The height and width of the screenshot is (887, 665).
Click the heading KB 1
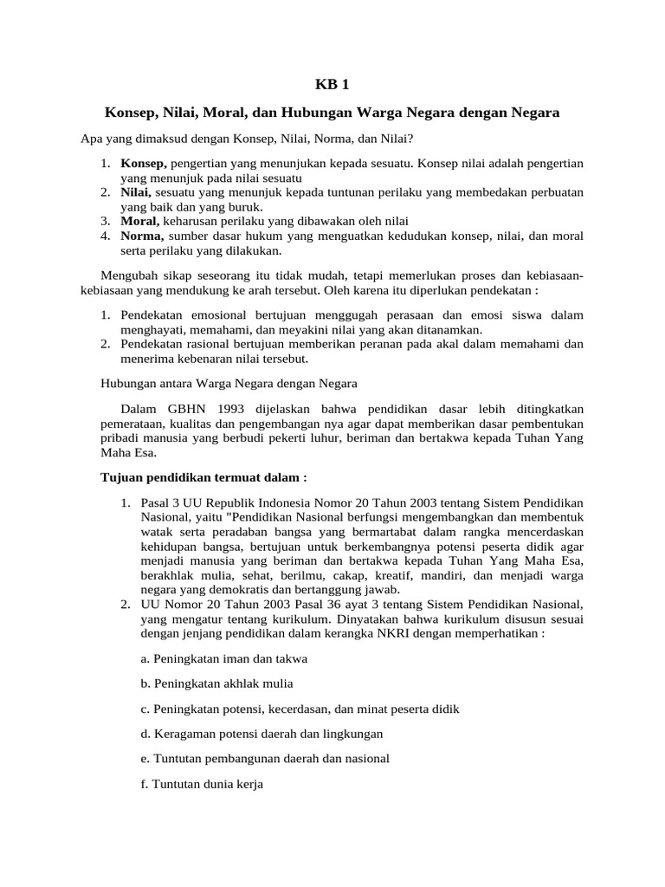click(x=332, y=85)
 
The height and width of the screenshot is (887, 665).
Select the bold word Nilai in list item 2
click(x=136, y=191)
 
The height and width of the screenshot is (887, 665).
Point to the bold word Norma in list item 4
click(x=142, y=235)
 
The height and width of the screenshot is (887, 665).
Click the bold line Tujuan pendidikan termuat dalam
click(x=203, y=477)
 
